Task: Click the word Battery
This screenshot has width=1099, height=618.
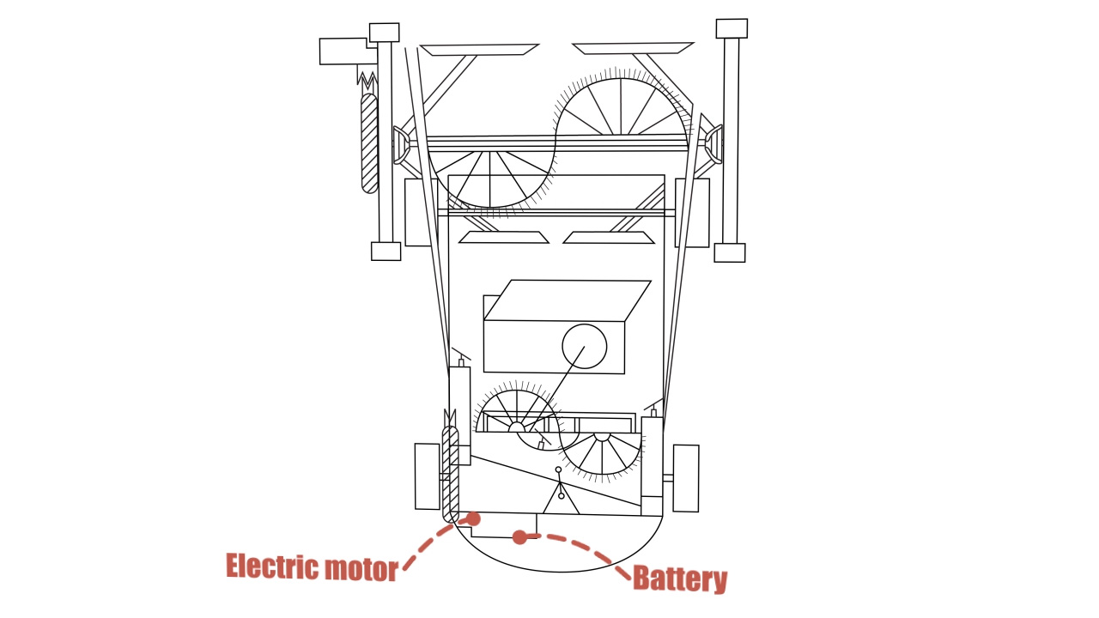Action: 679,579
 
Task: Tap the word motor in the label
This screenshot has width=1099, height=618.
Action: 361,568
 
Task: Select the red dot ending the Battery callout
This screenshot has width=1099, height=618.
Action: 519,537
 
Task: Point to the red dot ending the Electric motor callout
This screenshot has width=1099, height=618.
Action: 473,518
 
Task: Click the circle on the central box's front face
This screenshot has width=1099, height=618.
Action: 584,346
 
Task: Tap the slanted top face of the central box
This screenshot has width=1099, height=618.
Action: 567,300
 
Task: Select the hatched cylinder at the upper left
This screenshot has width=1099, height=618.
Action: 369,142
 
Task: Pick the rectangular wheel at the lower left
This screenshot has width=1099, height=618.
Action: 427,476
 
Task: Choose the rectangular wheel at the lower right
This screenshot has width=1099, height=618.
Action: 685,478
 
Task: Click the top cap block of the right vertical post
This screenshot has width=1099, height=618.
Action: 732,28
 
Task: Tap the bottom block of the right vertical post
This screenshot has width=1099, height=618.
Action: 729,252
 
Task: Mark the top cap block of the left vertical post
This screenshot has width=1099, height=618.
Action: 384,33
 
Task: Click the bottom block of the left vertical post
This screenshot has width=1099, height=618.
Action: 386,251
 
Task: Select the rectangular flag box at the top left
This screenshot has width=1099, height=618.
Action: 343,51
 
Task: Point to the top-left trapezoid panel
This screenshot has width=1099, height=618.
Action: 479,50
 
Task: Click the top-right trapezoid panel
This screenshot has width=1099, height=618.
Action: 633,48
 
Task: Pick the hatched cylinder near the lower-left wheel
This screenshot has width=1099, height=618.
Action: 450,473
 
